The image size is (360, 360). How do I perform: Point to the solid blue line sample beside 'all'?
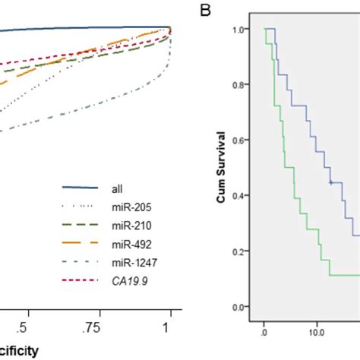click(x=81, y=187)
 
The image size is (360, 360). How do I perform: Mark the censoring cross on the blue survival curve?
click(x=330, y=182)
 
